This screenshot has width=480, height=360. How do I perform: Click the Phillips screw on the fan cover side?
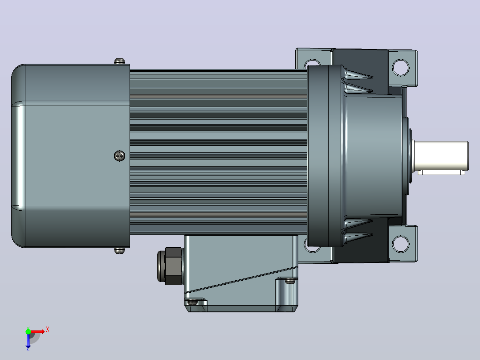point(119,156)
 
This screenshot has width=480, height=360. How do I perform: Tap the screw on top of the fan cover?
point(119,61)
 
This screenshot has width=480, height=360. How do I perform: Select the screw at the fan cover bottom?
point(119,251)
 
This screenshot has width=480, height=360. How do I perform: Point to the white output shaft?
point(441,155)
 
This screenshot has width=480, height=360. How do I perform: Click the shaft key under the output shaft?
point(441,173)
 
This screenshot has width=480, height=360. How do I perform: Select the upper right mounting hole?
point(400,67)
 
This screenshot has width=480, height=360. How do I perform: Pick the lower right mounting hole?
point(400,244)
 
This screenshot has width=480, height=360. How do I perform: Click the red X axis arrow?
point(37,331)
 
